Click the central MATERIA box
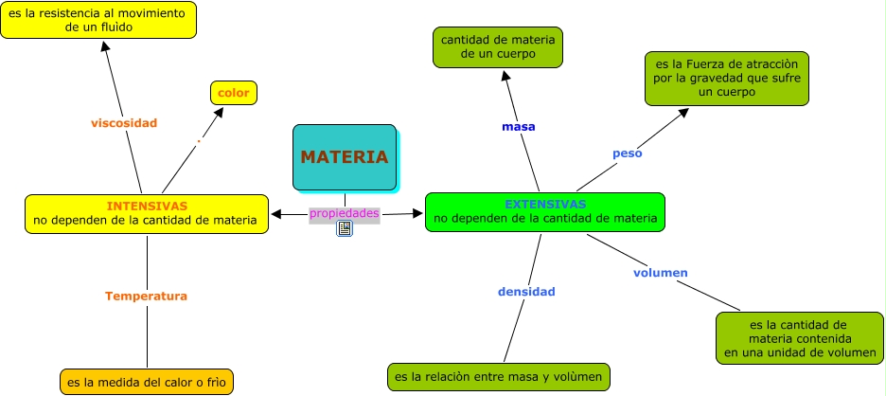point(345,157)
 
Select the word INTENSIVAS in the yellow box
point(147,206)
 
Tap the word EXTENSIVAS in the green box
point(544,204)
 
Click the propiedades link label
point(345,214)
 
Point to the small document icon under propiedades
point(345,228)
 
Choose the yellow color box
point(234,93)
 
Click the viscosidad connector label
point(124,123)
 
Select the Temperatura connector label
point(146,296)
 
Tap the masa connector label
point(519,127)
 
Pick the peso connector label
point(628,153)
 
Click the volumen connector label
point(660,273)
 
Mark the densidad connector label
point(526,292)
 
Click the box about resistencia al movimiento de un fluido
point(98,20)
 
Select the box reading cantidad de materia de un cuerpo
point(498,47)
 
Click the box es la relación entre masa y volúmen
point(499,377)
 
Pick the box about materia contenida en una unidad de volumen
point(800,338)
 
